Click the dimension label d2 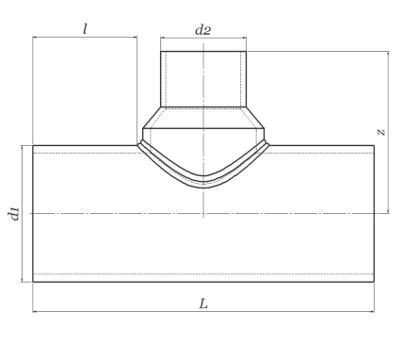pyautogui.click(x=203, y=30)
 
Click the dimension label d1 pyautogui.click(x=14, y=214)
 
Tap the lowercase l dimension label pyautogui.click(x=85, y=29)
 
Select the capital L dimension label pyautogui.click(x=203, y=303)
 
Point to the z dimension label pyautogui.click(x=381, y=132)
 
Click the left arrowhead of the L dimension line pyautogui.click(x=35, y=312)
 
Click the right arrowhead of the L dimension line pyautogui.click(x=372, y=312)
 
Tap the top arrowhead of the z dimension pyautogui.click(x=389, y=54)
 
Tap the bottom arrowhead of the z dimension pyautogui.click(x=389, y=211)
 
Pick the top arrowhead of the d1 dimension pyautogui.click(x=23, y=148)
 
